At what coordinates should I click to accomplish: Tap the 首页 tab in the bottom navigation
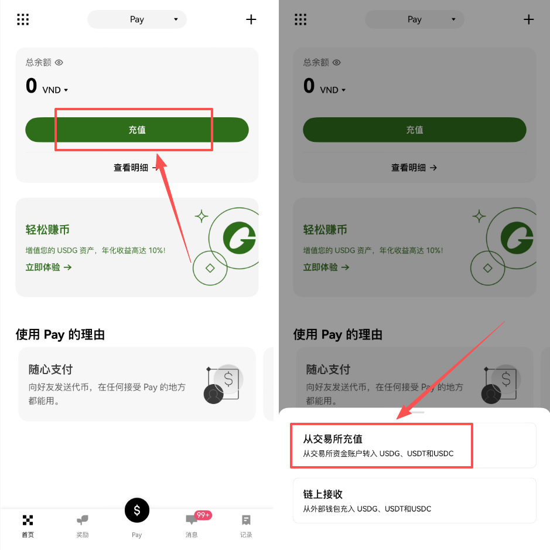[x=28, y=525]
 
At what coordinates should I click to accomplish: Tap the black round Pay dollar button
[x=137, y=510]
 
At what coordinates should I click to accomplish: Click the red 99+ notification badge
[x=203, y=515]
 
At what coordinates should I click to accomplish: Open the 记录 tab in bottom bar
[x=246, y=525]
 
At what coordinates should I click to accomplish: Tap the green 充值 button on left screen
[x=137, y=130]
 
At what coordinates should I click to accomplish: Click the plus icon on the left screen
[x=251, y=19]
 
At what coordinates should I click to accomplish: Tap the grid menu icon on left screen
[x=23, y=19]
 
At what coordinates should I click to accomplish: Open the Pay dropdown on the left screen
[x=137, y=19]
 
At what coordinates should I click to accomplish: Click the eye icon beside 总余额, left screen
[x=59, y=62]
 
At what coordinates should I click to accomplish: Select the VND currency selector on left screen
[x=55, y=90]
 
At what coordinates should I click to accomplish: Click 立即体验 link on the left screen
[x=49, y=267]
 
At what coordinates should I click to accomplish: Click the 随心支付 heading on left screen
[x=50, y=369]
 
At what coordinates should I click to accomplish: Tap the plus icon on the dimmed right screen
[x=529, y=19]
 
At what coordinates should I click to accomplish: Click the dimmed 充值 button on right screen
[x=414, y=130]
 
